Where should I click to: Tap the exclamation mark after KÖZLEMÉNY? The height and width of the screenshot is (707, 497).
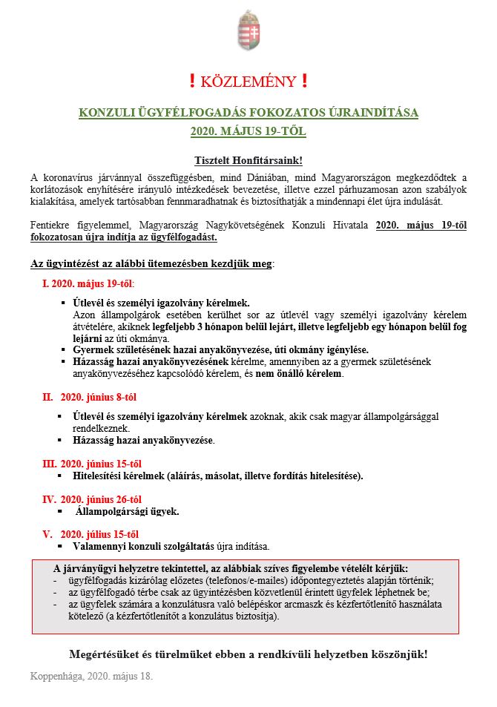tap(305, 82)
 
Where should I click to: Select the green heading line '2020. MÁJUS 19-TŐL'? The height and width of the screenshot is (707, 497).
tap(249, 131)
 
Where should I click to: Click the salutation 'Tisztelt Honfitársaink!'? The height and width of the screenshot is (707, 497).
tap(249, 160)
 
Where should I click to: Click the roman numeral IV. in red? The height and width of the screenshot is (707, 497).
tap(49, 499)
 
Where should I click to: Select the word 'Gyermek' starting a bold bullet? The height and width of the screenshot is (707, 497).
tap(93, 349)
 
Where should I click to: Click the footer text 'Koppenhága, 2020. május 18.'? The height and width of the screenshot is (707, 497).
tap(91, 677)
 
